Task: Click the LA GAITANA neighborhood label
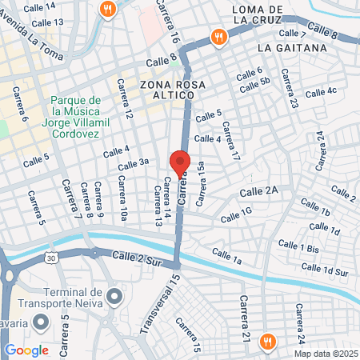pos(293,48)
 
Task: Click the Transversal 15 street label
pos(158,305)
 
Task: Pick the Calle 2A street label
pos(262,190)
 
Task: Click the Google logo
pos(26,350)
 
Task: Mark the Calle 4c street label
pos(321,92)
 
